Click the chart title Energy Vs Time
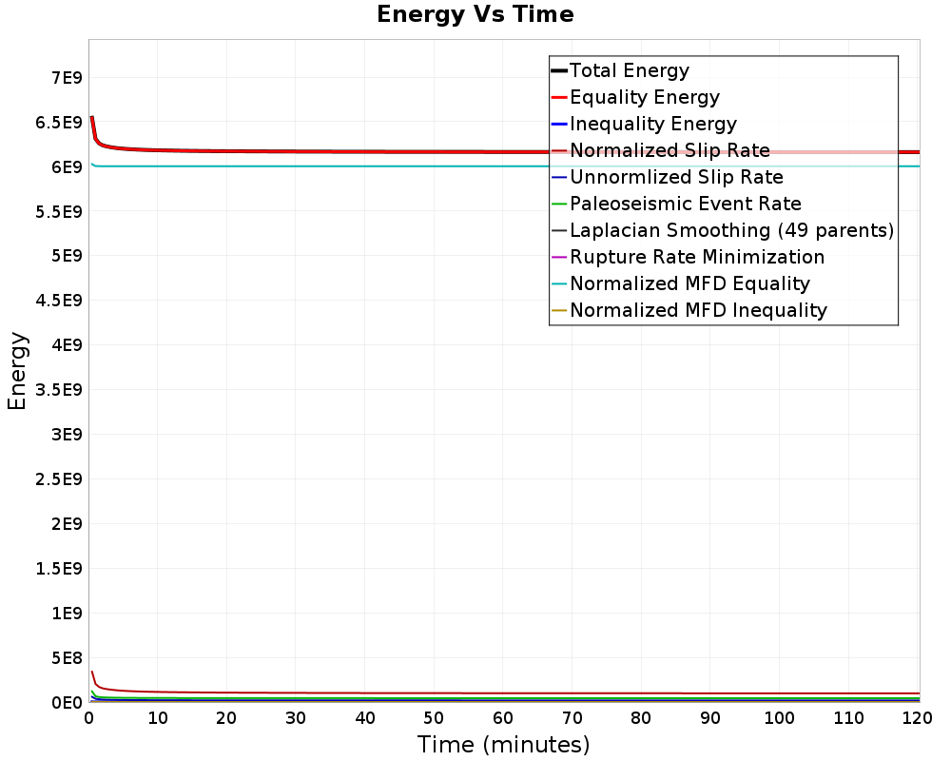pyautogui.click(x=475, y=15)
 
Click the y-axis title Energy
pyautogui.click(x=17, y=371)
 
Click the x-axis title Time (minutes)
pyautogui.click(x=503, y=744)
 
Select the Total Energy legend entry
pyautogui.click(x=629, y=70)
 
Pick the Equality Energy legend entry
pyautogui.click(x=644, y=97)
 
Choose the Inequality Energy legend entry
pyautogui.click(x=652, y=124)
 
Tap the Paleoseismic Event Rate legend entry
pyautogui.click(x=685, y=204)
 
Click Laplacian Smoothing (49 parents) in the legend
pyautogui.click(x=731, y=230)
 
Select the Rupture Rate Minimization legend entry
pyautogui.click(x=697, y=257)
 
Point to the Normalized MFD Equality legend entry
pyautogui.click(x=689, y=283)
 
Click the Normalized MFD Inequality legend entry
pyautogui.click(x=698, y=310)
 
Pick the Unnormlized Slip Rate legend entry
pyautogui.click(x=676, y=177)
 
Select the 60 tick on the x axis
pyautogui.click(x=504, y=718)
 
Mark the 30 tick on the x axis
pyautogui.click(x=297, y=718)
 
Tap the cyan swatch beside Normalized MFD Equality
pyautogui.click(x=559, y=283)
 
